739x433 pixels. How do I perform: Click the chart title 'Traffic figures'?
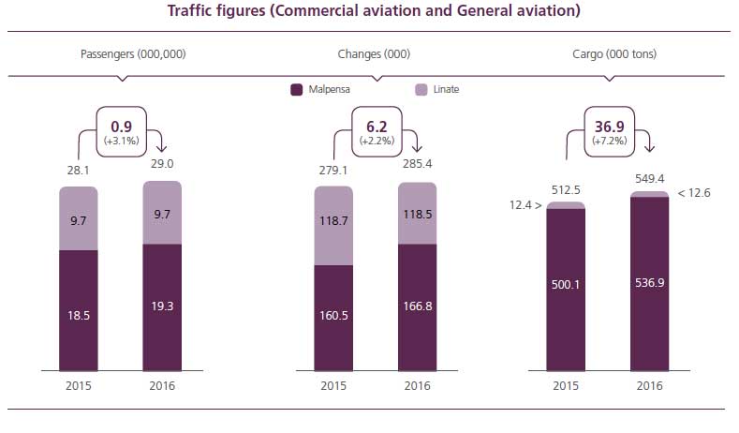373,12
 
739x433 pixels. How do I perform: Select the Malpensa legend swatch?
297,90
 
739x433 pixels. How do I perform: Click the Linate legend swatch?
421,90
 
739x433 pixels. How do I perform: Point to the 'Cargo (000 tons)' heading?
614,54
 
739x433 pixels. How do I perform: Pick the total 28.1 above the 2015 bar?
78,171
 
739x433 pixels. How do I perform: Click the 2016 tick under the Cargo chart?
649,385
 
